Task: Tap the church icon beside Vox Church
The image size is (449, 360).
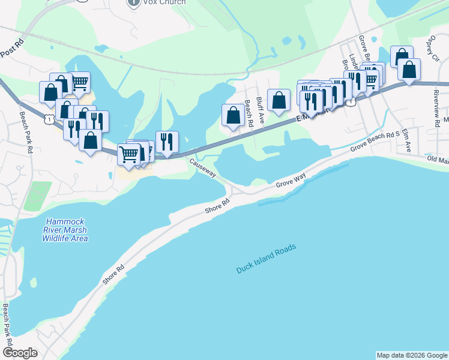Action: tap(133, 3)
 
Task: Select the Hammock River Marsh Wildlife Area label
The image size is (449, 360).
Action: tap(65, 230)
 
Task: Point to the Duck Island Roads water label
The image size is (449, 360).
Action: tap(267, 259)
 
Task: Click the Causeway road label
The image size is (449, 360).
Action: tap(203, 167)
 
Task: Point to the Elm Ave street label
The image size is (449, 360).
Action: tap(407, 140)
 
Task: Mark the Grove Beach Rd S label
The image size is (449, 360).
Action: tap(375, 143)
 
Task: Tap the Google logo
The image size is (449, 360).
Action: tap(20, 353)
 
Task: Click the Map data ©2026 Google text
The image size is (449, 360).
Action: tap(412, 355)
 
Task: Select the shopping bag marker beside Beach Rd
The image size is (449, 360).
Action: tap(232, 115)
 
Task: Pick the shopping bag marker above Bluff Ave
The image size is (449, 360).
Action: tap(279, 100)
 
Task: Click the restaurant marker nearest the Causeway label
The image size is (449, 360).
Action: tap(167, 142)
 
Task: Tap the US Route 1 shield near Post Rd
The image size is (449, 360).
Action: tap(47, 119)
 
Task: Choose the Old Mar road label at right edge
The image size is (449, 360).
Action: tap(438, 161)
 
